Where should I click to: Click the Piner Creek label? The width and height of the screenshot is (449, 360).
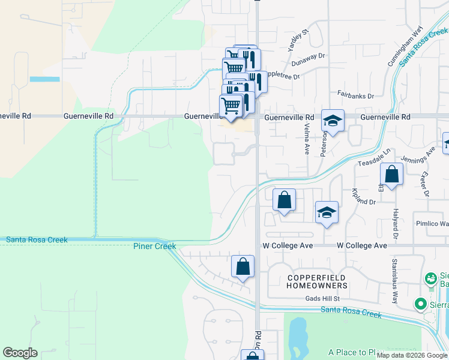pos(154,246)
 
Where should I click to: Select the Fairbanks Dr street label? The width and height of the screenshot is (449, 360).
pos(355,95)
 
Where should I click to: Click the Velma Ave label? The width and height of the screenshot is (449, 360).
pos(307,139)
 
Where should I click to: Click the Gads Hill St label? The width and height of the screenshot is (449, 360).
pos(322,298)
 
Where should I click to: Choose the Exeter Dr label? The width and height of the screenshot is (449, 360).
pos(425,185)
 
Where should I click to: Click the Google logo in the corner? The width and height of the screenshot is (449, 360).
pos(20,353)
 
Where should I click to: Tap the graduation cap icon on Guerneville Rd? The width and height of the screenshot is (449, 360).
pos(333,121)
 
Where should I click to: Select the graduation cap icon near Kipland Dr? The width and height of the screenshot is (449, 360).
pos(327,212)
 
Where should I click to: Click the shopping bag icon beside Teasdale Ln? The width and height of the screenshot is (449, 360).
pos(391,175)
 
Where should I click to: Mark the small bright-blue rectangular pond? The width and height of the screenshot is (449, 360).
pos(44,79)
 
